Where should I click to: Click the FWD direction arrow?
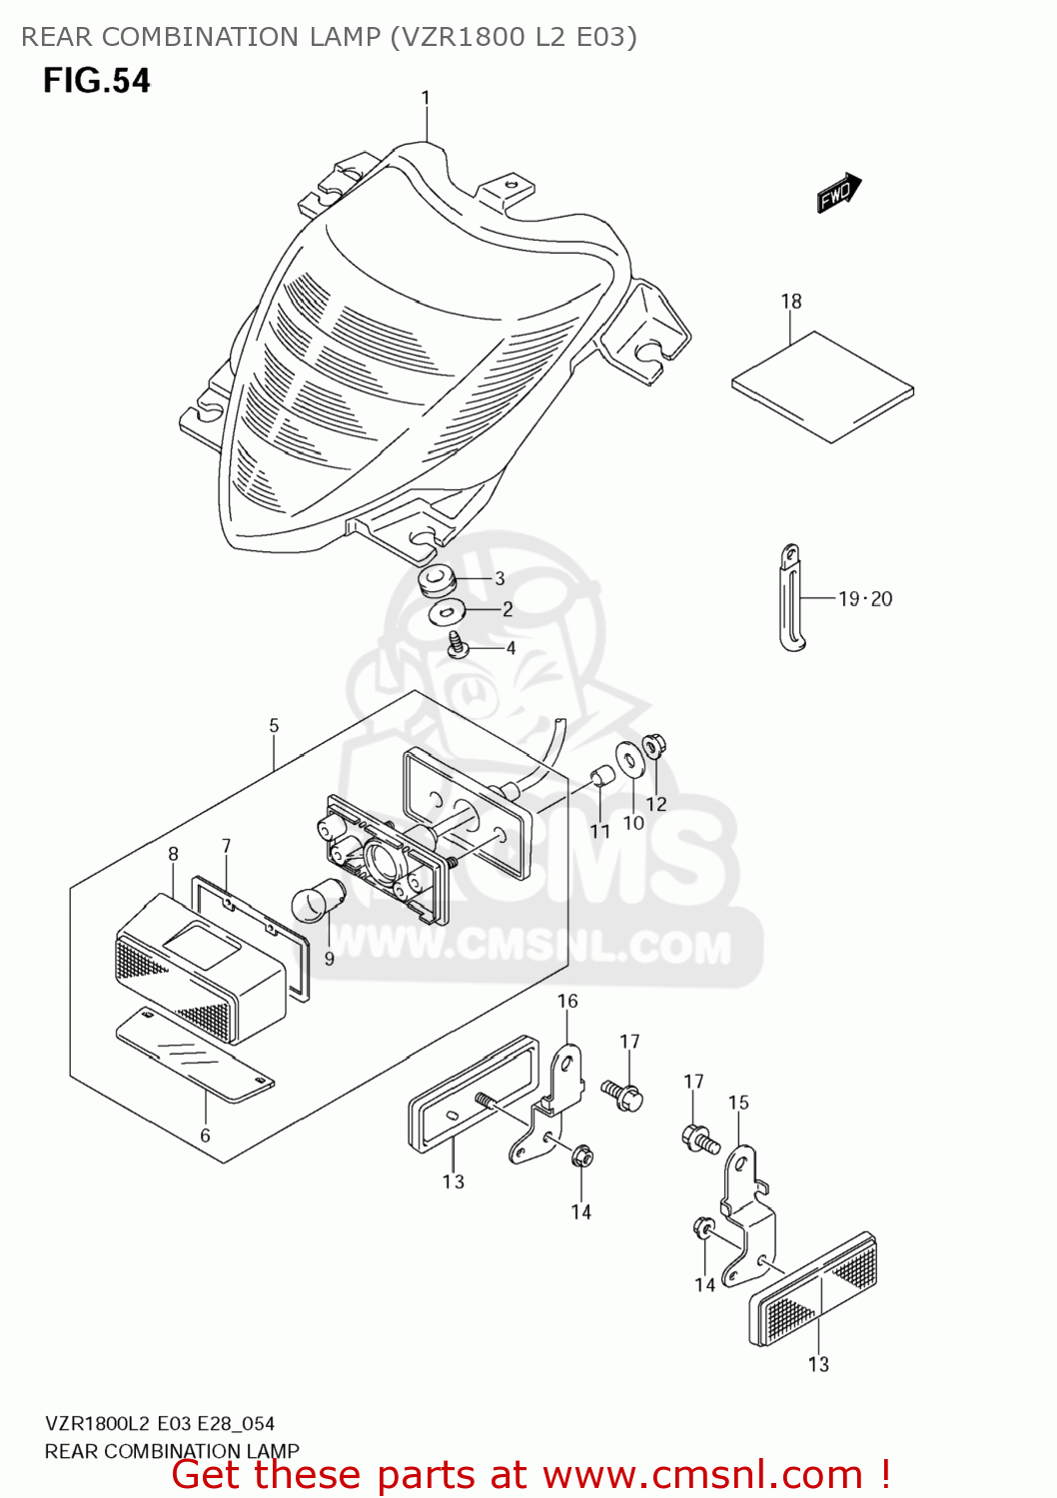click(x=838, y=193)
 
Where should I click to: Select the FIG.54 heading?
click(x=97, y=81)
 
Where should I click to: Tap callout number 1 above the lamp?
click(x=426, y=98)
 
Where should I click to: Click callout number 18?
click(x=791, y=301)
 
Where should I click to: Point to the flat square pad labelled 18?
click(x=822, y=385)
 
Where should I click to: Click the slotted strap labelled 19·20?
click(x=791, y=598)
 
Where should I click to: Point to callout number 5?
click(x=274, y=726)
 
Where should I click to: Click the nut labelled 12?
click(x=654, y=745)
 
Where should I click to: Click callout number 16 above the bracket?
click(x=567, y=1001)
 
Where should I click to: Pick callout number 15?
click(x=738, y=1103)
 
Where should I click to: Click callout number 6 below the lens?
click(x=205, y=1135)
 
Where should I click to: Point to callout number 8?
click(x=173, y=854)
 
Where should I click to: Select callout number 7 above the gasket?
click(x=227, y=846)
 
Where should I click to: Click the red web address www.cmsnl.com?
click(x=702, y=1474)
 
